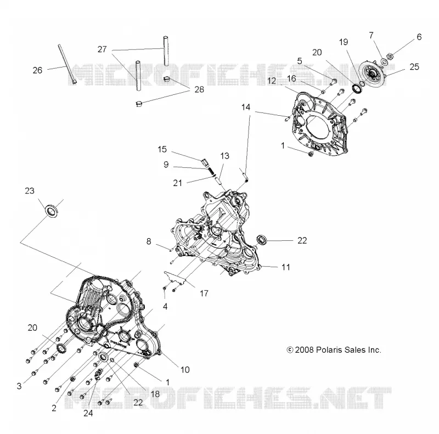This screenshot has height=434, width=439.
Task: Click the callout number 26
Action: [x=37, y=70]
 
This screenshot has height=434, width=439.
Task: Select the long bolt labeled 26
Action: [x=67, y=64]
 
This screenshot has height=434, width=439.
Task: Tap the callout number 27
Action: [x=102, y=49]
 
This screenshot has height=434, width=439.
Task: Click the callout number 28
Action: [x=199, y=89]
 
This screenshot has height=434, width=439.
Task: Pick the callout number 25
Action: [x=414, y=67]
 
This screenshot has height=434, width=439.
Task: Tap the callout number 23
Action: [x=30, y=191]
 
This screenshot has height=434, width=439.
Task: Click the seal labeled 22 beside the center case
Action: [x=262, y=240]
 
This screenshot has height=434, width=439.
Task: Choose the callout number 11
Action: [x=285, y=267]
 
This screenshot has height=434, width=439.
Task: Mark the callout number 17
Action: [x=204, y=294]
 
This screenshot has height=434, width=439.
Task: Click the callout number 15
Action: [x=162, y=149]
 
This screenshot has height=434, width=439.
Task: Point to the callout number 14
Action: [x=246, y=107]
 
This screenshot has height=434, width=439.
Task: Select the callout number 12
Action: [x=272, y=81]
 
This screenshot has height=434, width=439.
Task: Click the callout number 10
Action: [x=185, y=370]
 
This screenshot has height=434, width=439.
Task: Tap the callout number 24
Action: [x=88, y=413]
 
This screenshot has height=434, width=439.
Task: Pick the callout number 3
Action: [x=19, y=386]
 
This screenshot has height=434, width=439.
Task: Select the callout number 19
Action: [x=344, y=42]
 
